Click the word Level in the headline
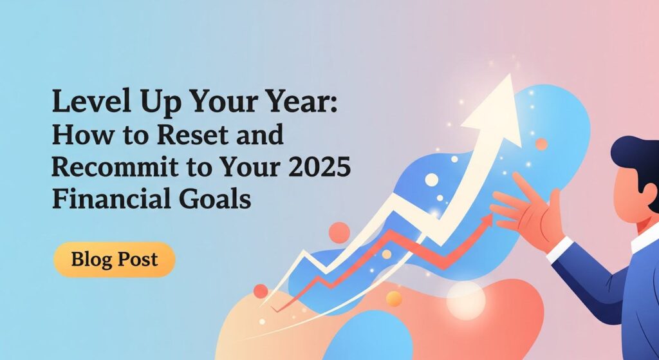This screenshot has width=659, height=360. coord(88,101)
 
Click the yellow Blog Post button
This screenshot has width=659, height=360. coord(115,260)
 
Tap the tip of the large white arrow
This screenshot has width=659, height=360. coord(510,75)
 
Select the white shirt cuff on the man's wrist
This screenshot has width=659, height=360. coord(560,249)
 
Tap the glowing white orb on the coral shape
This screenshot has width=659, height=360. coord(465,301)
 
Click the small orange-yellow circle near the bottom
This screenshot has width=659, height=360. coord(394,299)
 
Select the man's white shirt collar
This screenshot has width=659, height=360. coord(645,238)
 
